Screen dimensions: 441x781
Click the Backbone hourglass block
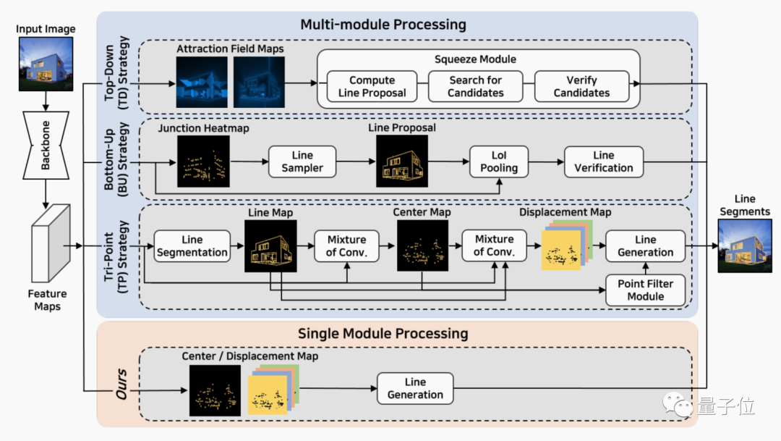tap(46, 145)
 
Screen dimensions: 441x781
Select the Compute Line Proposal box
tap(372, 86)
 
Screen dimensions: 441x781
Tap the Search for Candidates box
tap(475, 86)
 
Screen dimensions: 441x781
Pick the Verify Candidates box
tap(581, 86)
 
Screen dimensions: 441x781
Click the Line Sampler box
tap(302, 161)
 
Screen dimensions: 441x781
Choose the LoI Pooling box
tap(499, 161)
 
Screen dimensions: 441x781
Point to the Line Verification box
tap(603, 161)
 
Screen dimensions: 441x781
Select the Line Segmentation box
tap(192, 246)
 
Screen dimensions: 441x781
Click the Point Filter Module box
tap(645, 290)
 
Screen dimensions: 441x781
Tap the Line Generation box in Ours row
tap(414, 388)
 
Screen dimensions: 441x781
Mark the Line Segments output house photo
tap(744, 247)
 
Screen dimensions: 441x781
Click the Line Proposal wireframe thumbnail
tap(402, 161)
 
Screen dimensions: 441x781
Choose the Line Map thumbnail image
tap(271, 246)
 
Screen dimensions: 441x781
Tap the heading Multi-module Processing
tap(383, 25)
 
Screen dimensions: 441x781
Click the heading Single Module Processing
tap(383, 334)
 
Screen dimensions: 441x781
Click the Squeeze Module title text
tap(475, 59)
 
